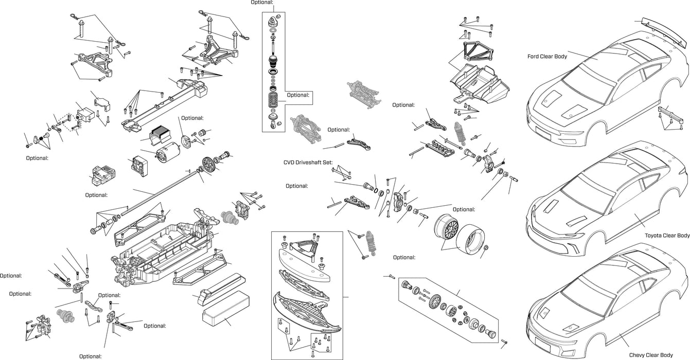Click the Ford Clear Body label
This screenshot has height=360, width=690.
click(547, 56)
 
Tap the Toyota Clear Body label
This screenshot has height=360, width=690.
click(667, 236)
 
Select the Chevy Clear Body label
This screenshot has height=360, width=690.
click(650, 355)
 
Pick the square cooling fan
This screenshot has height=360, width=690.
click(137, 166)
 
